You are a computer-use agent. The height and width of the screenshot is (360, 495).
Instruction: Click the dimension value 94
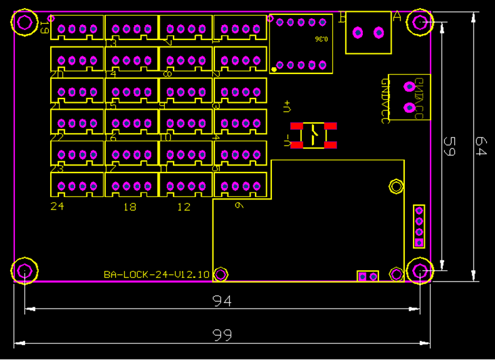point(222,301)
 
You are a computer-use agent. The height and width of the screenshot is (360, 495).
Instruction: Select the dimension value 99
point(222,335)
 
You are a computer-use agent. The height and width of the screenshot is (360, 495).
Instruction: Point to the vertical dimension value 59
point(449,147)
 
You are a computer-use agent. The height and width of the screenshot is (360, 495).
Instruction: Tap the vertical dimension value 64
point(480,147)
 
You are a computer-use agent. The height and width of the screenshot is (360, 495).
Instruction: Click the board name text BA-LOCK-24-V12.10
point(157,274)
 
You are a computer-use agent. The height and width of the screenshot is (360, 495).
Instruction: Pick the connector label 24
point(57,206)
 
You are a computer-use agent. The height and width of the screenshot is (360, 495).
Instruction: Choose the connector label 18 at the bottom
point(130,206)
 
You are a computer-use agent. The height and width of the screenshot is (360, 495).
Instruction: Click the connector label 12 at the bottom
point(183,206)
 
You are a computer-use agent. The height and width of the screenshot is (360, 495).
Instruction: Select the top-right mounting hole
point(420,23)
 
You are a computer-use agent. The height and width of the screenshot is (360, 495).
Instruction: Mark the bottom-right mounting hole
point(420,271)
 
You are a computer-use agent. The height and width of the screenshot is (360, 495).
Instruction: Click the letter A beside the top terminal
point(397,17)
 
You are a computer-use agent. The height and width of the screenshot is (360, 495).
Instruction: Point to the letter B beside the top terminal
point(342,17)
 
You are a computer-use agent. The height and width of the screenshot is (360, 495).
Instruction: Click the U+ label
point(287,107)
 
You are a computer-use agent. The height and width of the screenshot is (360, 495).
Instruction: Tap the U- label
point(287,142)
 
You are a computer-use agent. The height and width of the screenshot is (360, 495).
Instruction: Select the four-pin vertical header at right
point(419,226)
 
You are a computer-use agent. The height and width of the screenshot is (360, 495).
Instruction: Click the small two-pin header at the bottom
point(368,276)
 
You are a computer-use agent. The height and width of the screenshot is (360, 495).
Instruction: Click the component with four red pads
point(313,135)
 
